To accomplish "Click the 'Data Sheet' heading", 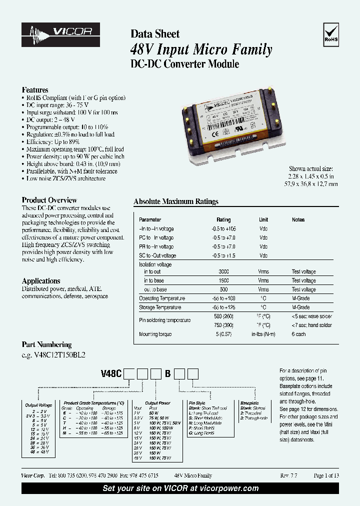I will [x=155, y=34].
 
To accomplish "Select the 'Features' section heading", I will [x=35, y=90].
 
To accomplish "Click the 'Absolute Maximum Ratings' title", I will [x=176, y=201].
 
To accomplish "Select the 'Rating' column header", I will [x=223, y=219].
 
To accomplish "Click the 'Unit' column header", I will [x=263, y=219].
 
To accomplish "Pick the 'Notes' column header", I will [x=298, y=219].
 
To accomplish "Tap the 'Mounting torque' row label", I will [x=155, y=334].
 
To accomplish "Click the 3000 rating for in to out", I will [x=223, y=271].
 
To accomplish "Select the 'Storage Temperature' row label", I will [x=160, y=307].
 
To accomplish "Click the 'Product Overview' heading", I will [x=49, y=200].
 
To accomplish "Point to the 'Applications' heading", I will [x=41, y=281].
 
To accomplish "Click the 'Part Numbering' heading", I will [x=46, y=344].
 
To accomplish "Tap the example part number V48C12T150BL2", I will [x=54, y=354].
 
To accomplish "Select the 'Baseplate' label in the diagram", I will [x=249, y=402].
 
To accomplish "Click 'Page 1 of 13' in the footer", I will [x=326, y=475].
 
